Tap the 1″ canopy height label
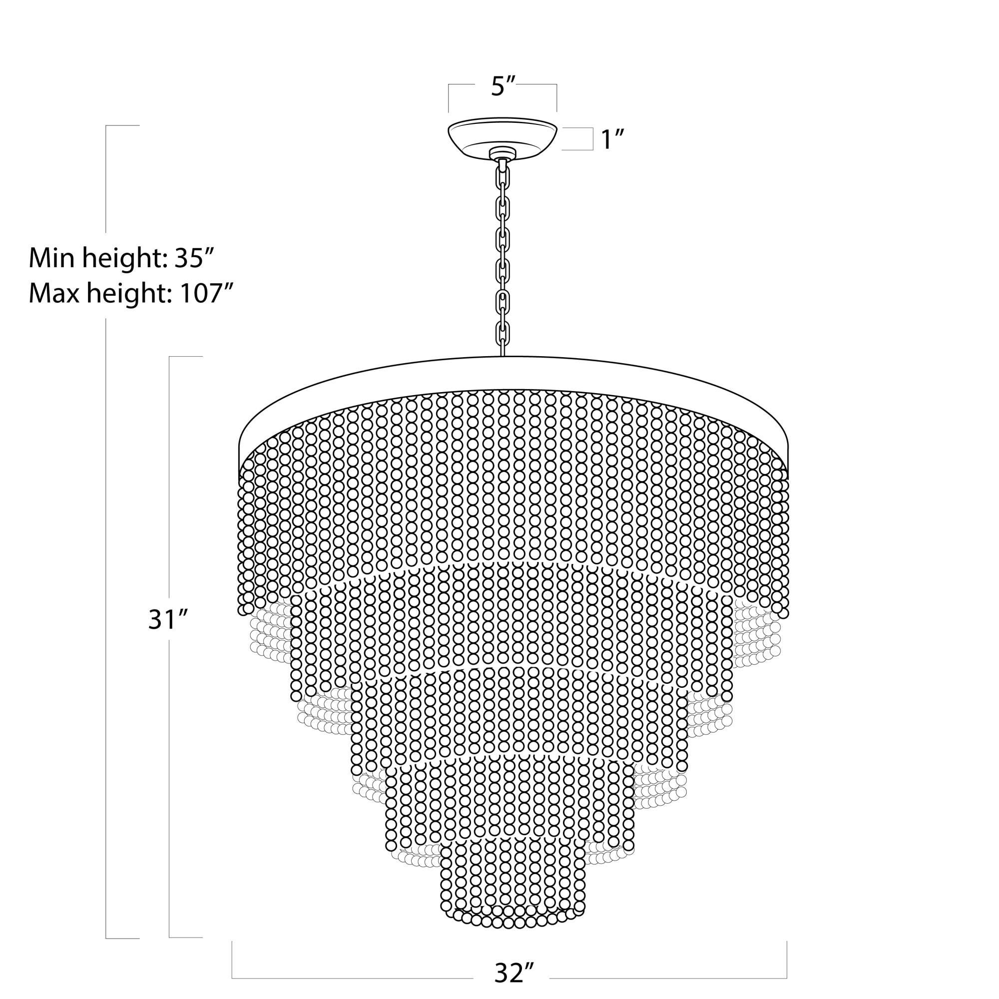613,140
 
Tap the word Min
49,259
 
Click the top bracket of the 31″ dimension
185,357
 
